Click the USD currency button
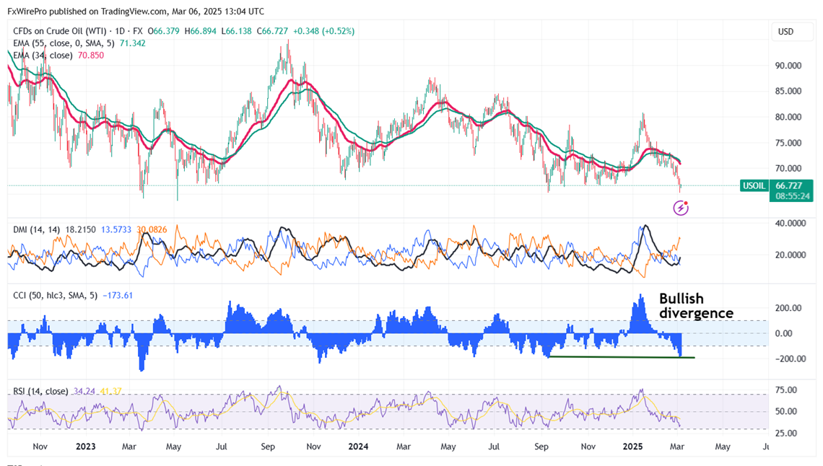click(785, 32)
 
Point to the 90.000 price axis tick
click(788, 66)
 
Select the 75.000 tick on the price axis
click(788, 143)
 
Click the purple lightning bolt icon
click(681, 208)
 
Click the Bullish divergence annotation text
click(696, 306)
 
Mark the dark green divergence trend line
click(621, 357)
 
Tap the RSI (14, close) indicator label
click(40, 392)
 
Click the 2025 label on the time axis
click(638, 447)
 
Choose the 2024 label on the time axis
click(359, 447)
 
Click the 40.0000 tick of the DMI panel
click(789, 224)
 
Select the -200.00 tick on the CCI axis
click(788, 359)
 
